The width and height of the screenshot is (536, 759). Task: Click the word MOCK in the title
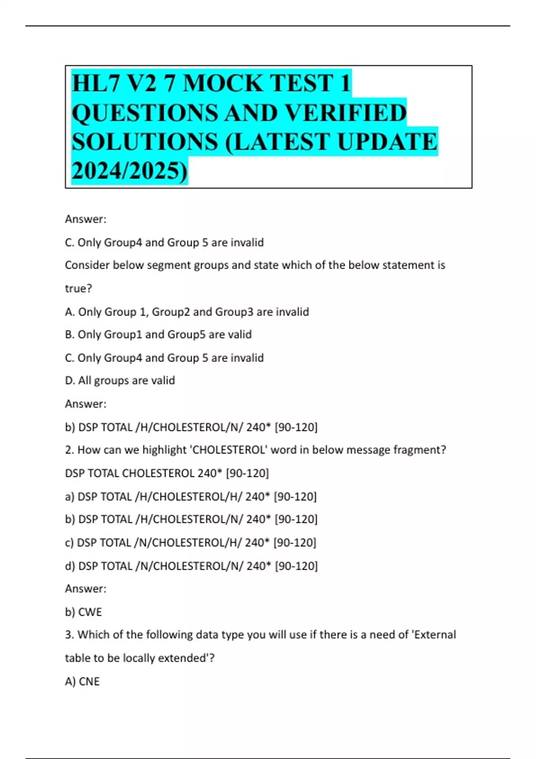pos(222,83)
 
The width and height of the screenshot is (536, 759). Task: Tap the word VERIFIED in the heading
pos(346,113)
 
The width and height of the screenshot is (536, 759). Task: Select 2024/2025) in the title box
pos(130,171)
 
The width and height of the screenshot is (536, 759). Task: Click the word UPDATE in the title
pos(387,142)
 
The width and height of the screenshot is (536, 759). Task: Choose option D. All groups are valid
pos(120,380)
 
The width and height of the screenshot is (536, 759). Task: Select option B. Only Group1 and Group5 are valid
pos(158,334)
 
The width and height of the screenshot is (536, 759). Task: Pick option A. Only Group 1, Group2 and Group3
pos(187,312)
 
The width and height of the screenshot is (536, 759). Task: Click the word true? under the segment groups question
pos(79,288)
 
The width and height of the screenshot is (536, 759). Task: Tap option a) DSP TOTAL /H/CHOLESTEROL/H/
pos(191,496)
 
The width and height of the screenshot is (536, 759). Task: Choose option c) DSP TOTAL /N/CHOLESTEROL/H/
pos(190,542)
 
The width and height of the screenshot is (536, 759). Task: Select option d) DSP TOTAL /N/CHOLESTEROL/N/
pos(191,566)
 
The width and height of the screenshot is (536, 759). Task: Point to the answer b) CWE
pos(84,612)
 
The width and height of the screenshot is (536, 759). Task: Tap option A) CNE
pos(82,681)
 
